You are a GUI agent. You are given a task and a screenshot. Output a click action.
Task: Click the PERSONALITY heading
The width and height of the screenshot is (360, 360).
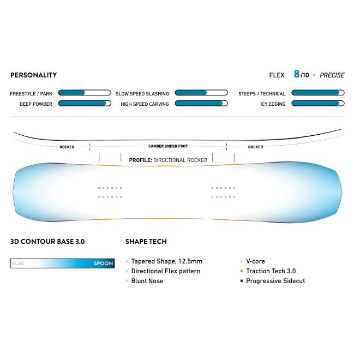click(x=33, y=75)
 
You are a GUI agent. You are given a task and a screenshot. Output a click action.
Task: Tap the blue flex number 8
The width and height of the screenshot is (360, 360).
click(x=297, y=74)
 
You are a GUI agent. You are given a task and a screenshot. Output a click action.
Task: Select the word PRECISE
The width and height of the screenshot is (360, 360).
click(x=332, y=75)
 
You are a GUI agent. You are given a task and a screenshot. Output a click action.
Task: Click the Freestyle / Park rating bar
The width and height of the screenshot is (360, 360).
click(x=85, y=93)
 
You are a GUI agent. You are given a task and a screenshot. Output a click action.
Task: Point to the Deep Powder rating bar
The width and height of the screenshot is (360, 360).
click(x=85, y=103)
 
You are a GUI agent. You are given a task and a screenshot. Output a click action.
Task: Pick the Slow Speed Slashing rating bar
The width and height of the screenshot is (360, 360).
click(x=201, y=93)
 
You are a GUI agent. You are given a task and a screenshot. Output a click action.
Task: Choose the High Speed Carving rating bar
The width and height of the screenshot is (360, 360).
click(x=201, y=103)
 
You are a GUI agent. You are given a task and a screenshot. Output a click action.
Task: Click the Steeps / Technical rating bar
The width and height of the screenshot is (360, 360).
click(x=318, y=93)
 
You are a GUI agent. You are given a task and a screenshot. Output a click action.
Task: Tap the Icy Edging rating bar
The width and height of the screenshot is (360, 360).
click(x=318, y=103)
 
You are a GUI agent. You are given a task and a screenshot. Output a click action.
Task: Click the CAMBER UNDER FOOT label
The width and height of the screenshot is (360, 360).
click(x=168, y=146)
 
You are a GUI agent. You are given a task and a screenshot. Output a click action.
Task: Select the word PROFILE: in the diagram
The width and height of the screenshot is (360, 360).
click(x=141, y=160)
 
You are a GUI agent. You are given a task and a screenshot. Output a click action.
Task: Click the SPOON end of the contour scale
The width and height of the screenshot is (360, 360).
click(x=103, y=263)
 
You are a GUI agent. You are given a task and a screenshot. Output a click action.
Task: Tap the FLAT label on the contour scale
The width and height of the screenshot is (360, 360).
click(x=18, y=263)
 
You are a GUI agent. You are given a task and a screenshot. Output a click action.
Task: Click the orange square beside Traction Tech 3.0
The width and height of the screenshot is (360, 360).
click(x=242, y=271)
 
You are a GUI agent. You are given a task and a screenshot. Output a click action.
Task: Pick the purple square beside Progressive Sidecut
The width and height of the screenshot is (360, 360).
click(x=242, y=281)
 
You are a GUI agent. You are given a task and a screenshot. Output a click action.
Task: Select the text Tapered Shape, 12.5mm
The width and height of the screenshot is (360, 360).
click(x=167, y=261)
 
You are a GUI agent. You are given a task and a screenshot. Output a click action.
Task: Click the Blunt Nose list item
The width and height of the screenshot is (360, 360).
click(x=147, y=281)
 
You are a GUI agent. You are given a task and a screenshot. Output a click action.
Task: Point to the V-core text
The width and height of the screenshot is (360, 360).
click(x=255, y=261)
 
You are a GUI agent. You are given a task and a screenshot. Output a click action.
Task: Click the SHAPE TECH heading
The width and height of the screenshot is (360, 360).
click(x=146, y=242)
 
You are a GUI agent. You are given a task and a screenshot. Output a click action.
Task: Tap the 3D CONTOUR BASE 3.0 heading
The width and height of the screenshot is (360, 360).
click(x=47, y=242)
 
